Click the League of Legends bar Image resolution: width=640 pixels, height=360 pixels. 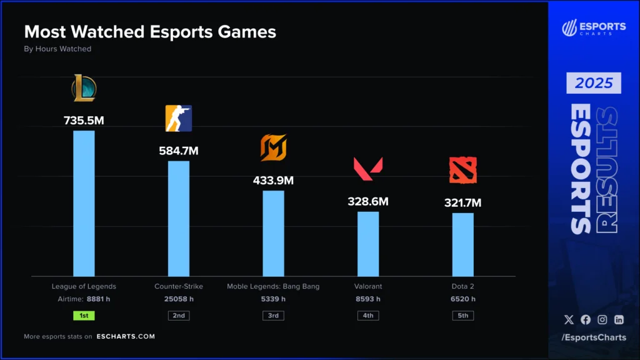pos(84,203)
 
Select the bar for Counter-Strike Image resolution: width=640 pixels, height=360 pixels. pos(179,218)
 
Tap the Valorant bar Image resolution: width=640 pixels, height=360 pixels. pos(368,244)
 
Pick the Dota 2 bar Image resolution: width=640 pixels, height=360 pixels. pos(462,244)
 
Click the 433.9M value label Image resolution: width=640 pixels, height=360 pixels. pos(273,181)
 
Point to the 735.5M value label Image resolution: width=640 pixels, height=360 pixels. pos(84,121)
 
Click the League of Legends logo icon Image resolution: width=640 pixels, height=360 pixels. pos(84,88)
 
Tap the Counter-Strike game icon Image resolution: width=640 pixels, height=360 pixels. pos(179,118)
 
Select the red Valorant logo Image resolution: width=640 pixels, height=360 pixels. pos(368,169)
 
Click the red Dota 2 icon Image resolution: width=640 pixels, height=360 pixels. pos(462,171)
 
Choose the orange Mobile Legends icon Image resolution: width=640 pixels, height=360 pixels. pos(273,148)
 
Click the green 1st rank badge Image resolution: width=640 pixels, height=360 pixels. pos(84,316)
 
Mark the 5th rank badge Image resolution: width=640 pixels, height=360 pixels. pos(462,316)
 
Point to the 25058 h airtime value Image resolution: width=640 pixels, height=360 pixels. pos(179,299)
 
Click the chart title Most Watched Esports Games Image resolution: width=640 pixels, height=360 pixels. pos(150,32)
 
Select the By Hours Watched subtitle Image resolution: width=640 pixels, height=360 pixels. pos(57,49)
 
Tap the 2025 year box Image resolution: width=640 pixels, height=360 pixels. pos(594,83)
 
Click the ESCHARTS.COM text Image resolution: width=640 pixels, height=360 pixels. pos(126,336)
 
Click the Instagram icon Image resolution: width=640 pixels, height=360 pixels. pos(602,319)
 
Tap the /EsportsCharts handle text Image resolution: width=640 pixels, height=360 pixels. pos(594,337)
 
